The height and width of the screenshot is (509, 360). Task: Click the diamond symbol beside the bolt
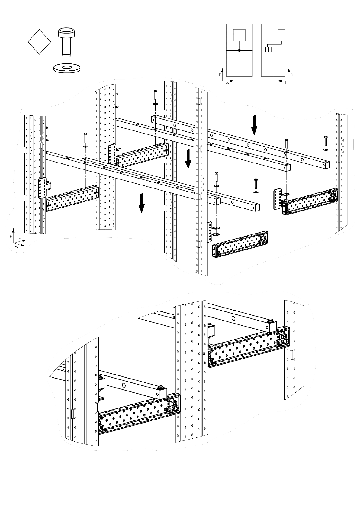pyautogui.click(x=39, y=42)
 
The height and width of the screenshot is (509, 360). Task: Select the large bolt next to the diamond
pyautogui.click(x=66, y=43)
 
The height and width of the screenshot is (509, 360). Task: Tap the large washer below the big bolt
pyautogui.click(x=67, y=68)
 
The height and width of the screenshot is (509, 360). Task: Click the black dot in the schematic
pyautogui.click(x=239, y=50)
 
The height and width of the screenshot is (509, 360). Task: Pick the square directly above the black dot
pyautogui.click(x=239, y=35)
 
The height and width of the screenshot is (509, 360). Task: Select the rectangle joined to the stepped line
pyautogui.click(x=281, y=35)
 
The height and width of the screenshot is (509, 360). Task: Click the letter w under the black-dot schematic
pyautogui.click(x=227, y=83)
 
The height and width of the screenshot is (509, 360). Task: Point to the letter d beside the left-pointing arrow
pyautogui.click(x=284, y=83)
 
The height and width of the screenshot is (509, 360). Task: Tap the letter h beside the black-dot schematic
pyautogui.click(x=220, y=74)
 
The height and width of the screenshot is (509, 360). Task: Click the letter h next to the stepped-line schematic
pyautogui.click(x=291, y=74)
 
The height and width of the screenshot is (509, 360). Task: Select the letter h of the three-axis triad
pyautogui.click(x=11, y=237)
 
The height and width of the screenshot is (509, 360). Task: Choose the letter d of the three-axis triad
pyautogui.click(x=20, y=237)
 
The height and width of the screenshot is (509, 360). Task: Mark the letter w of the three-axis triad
pyautogui.click(x=17, y=246)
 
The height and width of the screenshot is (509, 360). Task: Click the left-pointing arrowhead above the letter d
pyautogui.click(x=280, y=81)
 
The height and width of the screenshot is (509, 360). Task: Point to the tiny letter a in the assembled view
pyautogui.click(x=204, y=353)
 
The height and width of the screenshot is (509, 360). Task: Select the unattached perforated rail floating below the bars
pyautogui.click(x=240, y=244)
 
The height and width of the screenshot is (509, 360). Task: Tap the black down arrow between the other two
pyautogui.click(x=188, y=159)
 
